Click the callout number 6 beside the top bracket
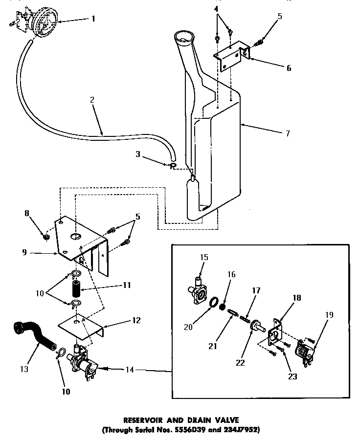coord(289,68)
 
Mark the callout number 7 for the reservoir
coord(287,132)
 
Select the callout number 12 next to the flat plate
coord(136,320)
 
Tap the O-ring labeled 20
coord(214,305)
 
